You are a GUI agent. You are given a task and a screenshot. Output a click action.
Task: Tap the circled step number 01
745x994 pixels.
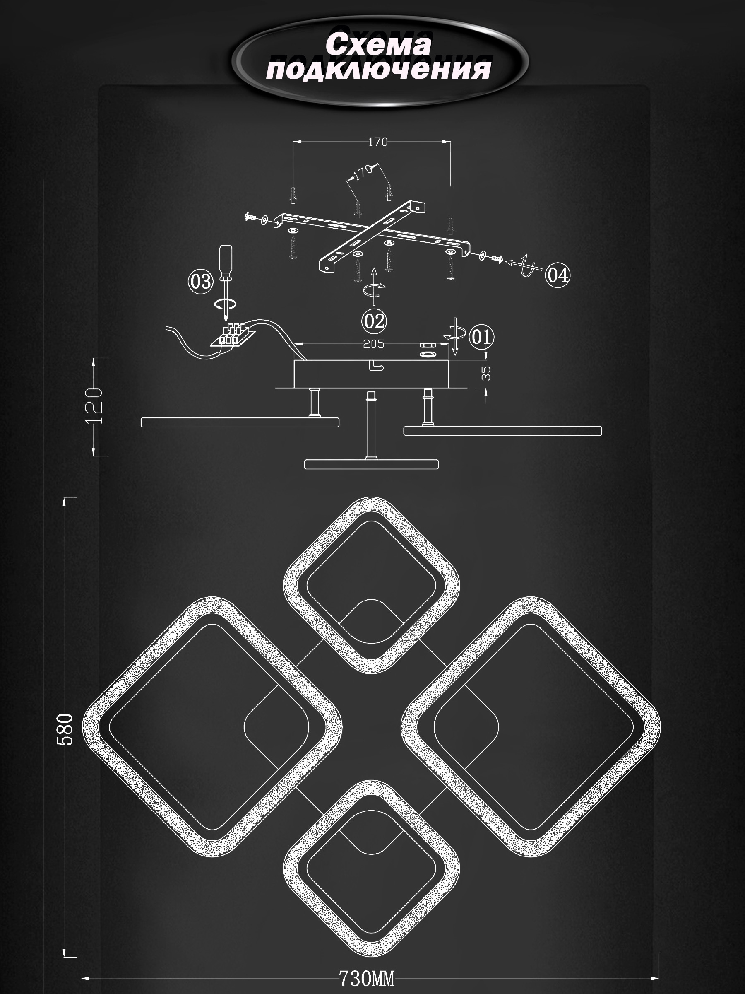tap(481, 337)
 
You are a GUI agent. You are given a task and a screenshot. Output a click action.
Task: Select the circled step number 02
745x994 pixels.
tap(375, 321)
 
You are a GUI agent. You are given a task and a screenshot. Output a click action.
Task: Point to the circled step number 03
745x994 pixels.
tap(200, 282)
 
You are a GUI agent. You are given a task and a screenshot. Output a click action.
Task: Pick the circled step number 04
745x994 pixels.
tap(557, 275)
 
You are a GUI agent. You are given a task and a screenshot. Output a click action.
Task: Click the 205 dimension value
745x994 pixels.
tap(374, 344)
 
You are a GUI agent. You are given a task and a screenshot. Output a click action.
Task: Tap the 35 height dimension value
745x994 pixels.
tap(486, 373)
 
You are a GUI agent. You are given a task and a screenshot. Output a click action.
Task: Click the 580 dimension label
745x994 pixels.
tap(65, 729)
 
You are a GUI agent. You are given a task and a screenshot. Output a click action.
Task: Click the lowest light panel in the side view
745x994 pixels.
tap(371, 464)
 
